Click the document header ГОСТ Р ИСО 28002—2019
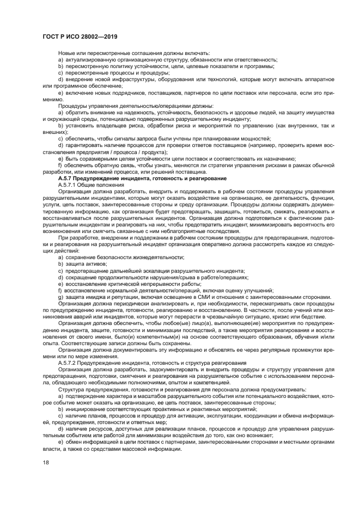80,36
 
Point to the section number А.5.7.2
71,362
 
